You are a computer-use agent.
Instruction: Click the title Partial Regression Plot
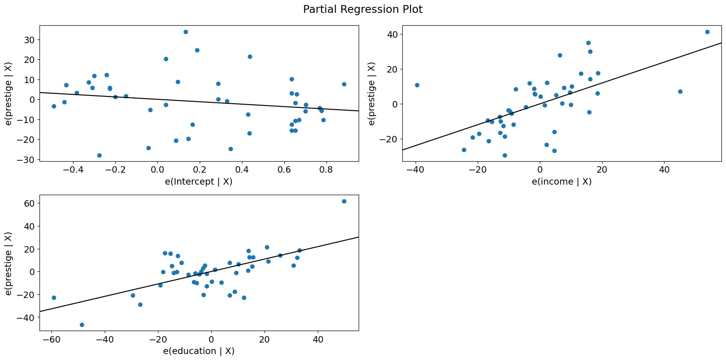click(x=363, y=9)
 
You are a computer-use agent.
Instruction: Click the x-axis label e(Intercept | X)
click(x=199, y=181)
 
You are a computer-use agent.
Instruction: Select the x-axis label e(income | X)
click(x=562, y=181)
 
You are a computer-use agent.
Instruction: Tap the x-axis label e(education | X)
click(x=199, y=351)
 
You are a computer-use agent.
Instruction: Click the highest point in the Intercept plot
click(x=186, y=32)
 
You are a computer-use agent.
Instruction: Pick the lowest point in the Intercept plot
click(x=99, y=155)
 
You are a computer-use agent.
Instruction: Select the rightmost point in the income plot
click(x=707, y=32)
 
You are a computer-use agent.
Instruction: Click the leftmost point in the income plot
click(x=417, y=85)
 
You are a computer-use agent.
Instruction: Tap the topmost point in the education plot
click(x=344, y=201)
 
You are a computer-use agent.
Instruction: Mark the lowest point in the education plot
click(x=82, y=325)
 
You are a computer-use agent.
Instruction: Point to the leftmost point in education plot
click(x=54, y=298)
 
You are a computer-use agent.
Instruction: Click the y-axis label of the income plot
click(x=372, y=93)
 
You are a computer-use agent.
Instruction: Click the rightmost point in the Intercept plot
click(x=344, y=84)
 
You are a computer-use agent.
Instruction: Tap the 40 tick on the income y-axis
click(x=392, y=34)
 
